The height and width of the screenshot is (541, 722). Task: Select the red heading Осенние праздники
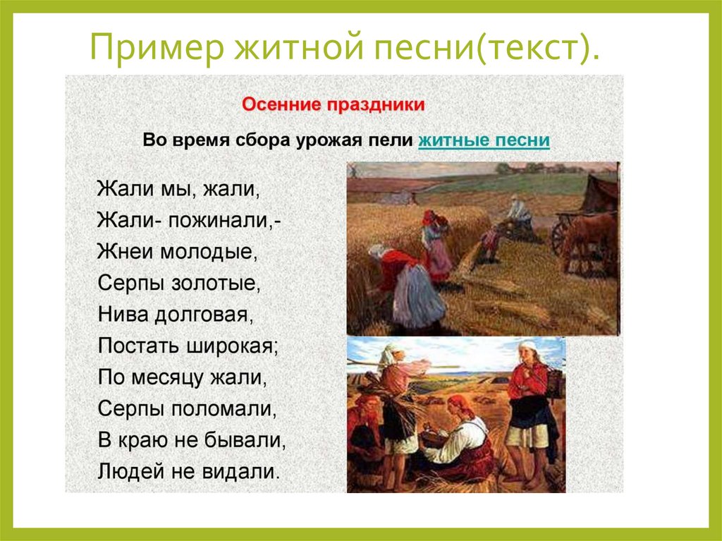334,105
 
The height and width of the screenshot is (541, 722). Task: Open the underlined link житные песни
484,140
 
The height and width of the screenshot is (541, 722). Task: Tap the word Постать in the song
136,346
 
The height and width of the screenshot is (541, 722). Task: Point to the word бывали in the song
244,439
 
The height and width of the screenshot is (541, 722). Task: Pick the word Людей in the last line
126,470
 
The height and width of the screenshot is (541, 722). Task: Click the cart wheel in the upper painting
560,236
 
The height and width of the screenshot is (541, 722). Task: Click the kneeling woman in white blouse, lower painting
458,441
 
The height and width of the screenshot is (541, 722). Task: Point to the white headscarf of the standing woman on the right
529,348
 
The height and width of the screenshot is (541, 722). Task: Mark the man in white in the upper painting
520,212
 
